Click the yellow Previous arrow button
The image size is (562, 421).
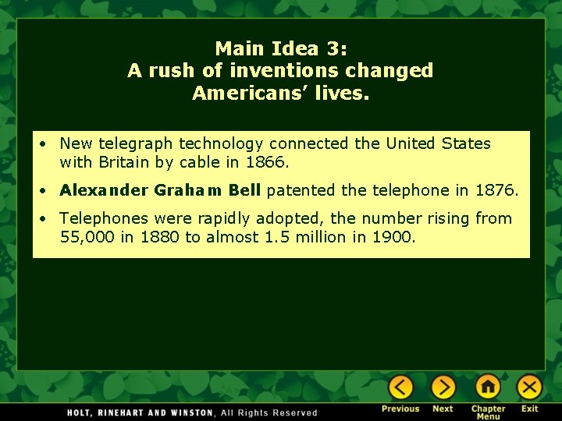[401, 387]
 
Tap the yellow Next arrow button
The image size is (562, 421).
[443, 387]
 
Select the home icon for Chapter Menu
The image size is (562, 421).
[488, 387]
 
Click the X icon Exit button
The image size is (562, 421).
[530, 387]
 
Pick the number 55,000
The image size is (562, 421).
[87, 237]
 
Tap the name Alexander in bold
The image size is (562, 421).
[103, 190]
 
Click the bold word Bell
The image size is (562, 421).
[245, 190]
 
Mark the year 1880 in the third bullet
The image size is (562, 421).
[160, 237]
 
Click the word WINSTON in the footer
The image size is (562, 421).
[186, 412]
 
